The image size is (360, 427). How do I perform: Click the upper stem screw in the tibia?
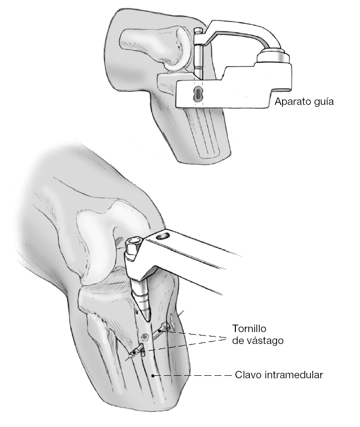[x=163, y=329]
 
